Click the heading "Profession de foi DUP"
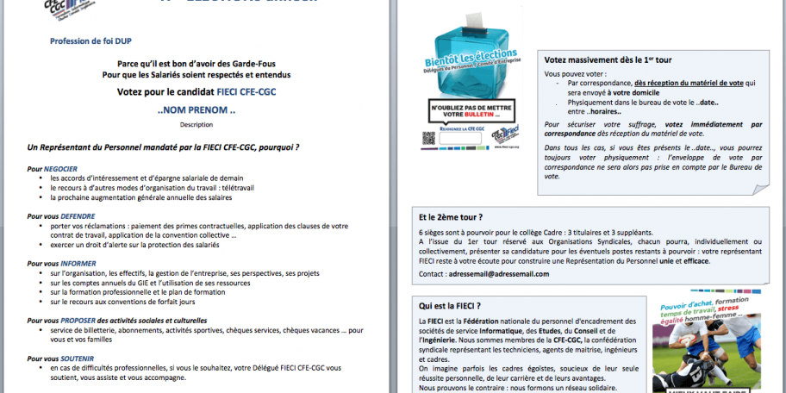click(90, 41)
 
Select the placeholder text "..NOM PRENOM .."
click(196, 111)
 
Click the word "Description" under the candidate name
click(196, 124)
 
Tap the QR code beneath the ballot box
click(427, 137)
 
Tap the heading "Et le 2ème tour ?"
click(451, 217)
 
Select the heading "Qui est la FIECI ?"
click(450, 306)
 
